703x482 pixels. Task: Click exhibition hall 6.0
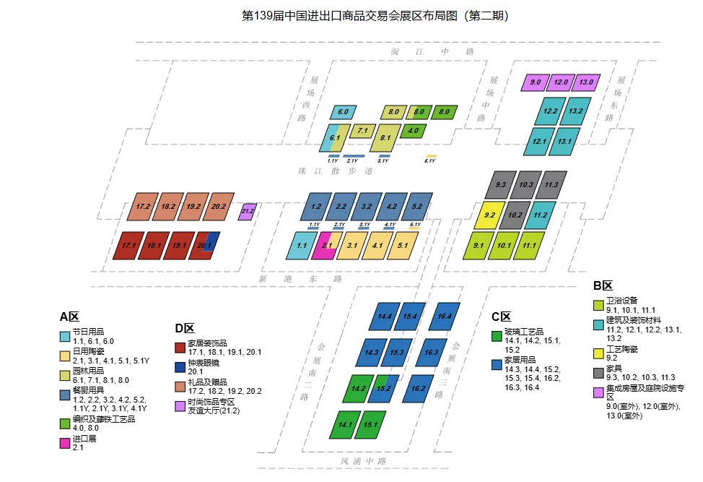coord(343,112)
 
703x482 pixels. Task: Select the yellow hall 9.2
coord(489,215)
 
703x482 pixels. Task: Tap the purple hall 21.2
coord(247,211)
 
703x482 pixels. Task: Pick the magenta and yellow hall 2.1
coord(327,245)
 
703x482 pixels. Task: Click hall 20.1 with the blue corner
coord(206,246)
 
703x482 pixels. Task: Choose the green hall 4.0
coord(414,132)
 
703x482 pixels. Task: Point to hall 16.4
coord(444,317)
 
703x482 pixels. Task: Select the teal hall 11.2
coord(540,215)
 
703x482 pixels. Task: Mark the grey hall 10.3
coord(526,185)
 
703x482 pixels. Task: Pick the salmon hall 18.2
coord(169,206)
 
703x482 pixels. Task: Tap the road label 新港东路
coord(300,278)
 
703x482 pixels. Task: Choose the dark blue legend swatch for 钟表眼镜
coord(180,367)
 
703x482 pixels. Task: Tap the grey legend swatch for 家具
coord(598,374)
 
